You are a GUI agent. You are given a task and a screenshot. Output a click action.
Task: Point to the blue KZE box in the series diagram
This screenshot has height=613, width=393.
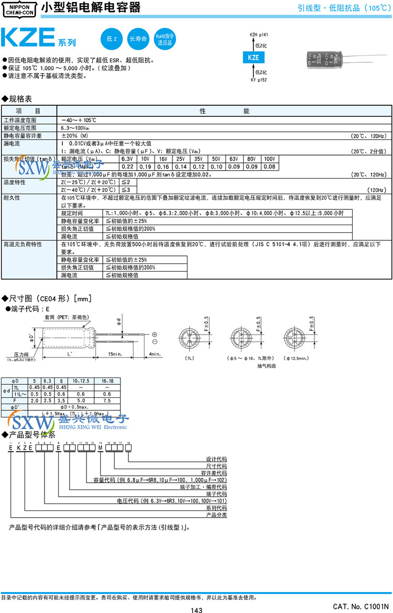click(x=253, y=58)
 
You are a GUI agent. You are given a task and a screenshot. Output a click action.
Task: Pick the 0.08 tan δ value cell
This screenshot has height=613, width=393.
click(x=269, y=166)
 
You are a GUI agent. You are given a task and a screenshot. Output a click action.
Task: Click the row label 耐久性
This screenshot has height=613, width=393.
click(x=12, y=198)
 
